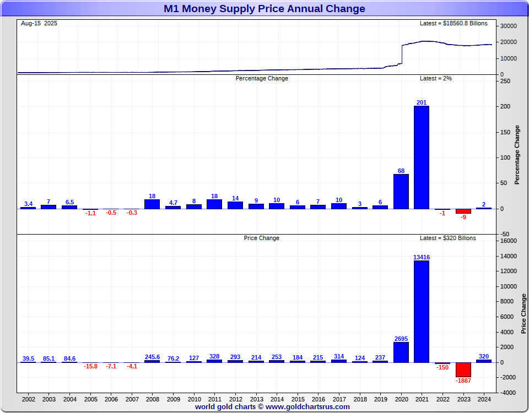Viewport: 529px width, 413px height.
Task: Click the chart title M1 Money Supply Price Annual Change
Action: (264, 9)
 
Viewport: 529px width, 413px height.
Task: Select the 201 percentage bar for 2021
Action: (422, 157)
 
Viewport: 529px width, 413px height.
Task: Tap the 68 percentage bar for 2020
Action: (401, 192)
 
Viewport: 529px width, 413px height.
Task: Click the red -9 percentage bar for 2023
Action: (463, 211)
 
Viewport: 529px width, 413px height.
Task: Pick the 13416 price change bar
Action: (422, 311)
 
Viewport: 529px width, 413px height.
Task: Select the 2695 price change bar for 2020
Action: (401, 352)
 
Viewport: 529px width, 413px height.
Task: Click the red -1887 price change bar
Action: (463, 369)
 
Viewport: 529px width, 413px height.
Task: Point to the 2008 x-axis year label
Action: (152, 399)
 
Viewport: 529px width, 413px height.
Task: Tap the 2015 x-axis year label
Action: (298, 399)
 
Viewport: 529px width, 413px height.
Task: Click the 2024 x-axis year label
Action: (484, 399)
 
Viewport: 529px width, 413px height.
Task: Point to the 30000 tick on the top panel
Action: (508, 26)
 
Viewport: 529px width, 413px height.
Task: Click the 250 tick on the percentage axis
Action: (505, 81)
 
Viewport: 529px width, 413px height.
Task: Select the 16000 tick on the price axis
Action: (508, 241)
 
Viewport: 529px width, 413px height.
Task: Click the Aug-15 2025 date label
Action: (39, 24)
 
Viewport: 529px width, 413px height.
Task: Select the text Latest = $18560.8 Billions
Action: (454, 24)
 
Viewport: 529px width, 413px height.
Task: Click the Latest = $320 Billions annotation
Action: (447, 238)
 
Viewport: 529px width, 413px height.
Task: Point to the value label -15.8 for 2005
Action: (90, 367)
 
